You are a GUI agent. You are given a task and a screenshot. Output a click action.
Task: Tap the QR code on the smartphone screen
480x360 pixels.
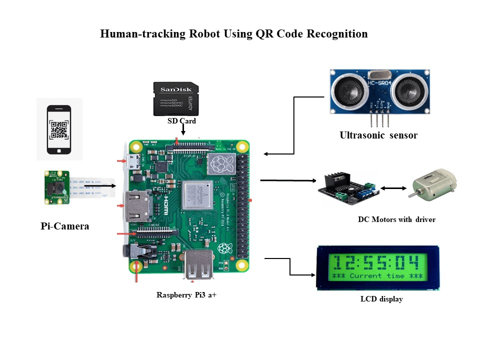pyautogui.click(x=59, y=129)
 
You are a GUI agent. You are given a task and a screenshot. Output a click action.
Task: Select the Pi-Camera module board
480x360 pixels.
pyautogui.click(x=56, y=188)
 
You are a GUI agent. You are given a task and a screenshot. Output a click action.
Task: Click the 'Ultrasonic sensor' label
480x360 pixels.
pyautogui.click(x=378, y=135)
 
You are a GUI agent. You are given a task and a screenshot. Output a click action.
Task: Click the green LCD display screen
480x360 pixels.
pyautogui.click(x=377, y=267)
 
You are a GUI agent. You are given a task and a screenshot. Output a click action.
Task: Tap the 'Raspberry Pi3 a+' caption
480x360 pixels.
pyautogui.click(x=186, y=295)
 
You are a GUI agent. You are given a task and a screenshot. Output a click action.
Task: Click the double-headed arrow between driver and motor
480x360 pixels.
pyautogui.click(x=393, y=188)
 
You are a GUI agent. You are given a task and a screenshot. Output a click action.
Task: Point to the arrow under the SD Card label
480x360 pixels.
pyautogui.click(x=183, y=129)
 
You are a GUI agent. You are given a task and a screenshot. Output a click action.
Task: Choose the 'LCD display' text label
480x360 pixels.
pyautogui.click(x=381, y=299)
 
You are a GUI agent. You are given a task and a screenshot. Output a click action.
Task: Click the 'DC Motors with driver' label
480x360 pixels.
pyautogui.click(x=396, y=219)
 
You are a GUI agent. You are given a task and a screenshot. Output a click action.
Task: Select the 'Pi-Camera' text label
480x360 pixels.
pyautogui.click(x=65, y=226)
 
